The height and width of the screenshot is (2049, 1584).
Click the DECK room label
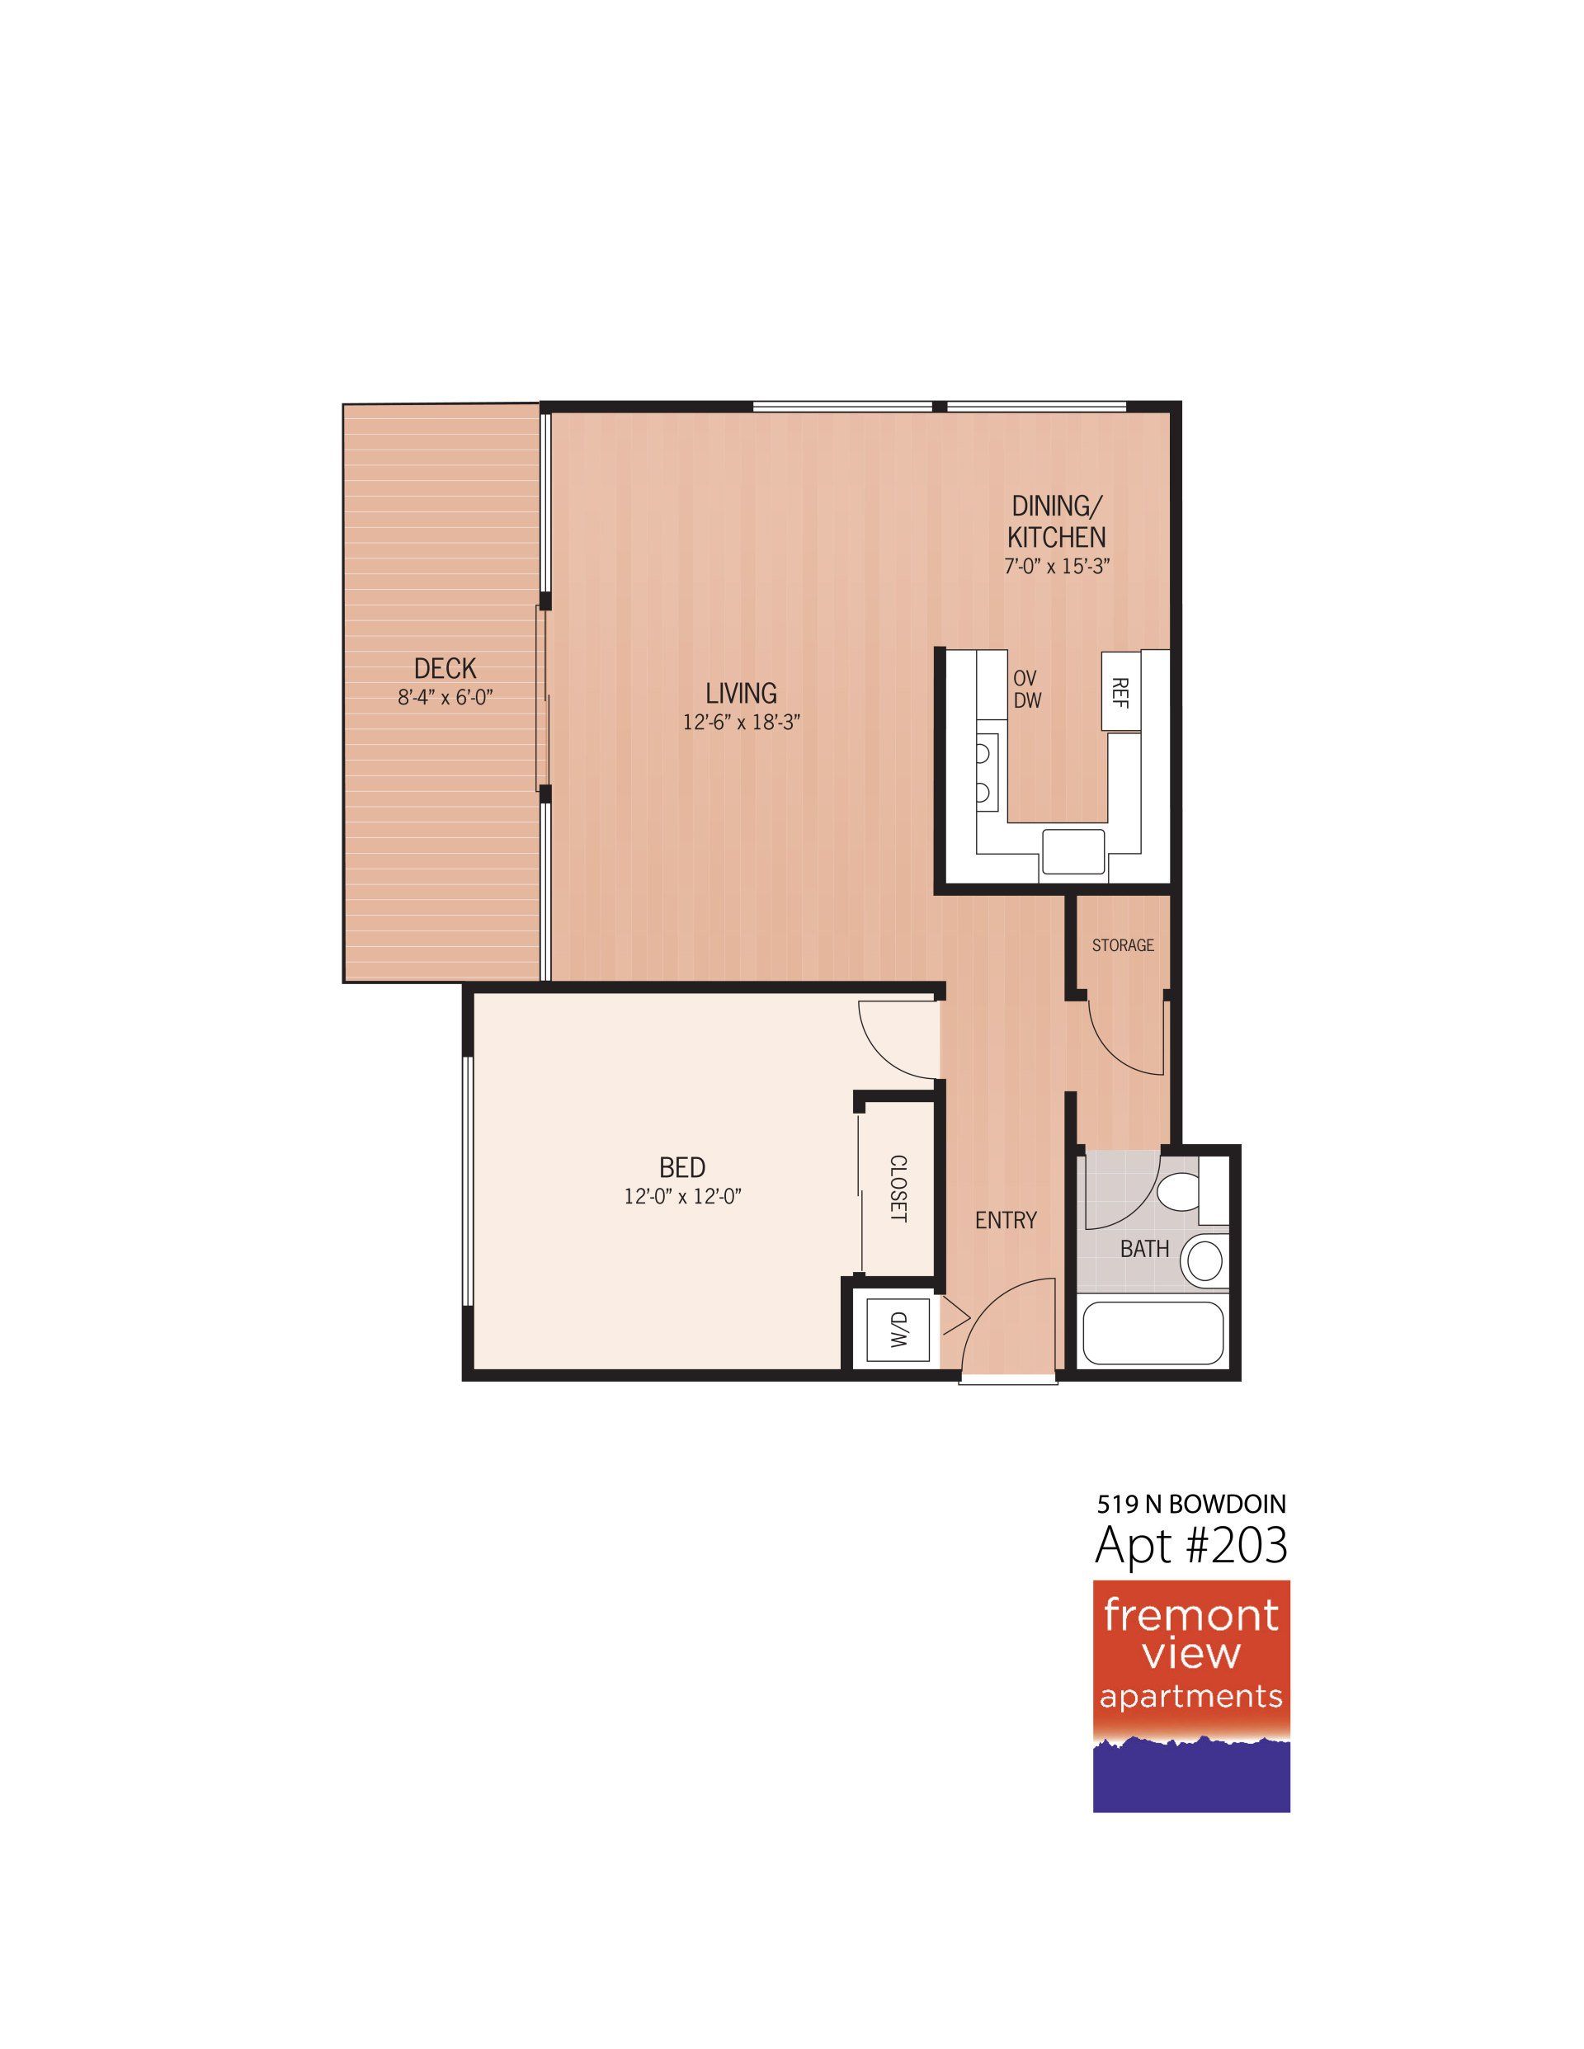pyautogui.click(x=445, y=668)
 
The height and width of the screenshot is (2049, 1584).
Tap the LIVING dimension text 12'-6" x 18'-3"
pyautogui.click(x=742, y=723)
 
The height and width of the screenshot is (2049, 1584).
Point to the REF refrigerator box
pyautogui.click(x=1121, y=692)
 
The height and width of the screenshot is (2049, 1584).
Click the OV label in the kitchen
pyautogui.click(x=1025, y=677)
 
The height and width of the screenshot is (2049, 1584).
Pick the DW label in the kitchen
pyautogui.click(x=1026, y=699)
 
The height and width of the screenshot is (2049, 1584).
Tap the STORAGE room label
pyautogui.click(x=1122, y=944)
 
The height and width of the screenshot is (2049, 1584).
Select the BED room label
pyautogui.click(x=682, y=1167)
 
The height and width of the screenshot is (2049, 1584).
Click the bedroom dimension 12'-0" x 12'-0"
pyautogui.click(x=689, y=1197)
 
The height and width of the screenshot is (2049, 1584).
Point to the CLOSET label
pyautogui.click(x=898, y=1189)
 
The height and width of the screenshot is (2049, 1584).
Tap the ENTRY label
pyautogui.click(x=1006, y=1220)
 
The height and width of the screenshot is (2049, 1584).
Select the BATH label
pyautogui.click(x=1144, y=1249)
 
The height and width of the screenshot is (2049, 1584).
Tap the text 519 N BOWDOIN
pyautogui.click(x=1190, y=1505)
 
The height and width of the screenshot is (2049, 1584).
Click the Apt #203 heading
pyautogui.click(x=1190, y=1546)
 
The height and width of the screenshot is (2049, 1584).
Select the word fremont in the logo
pyautogui.click(x=1190, y=1616)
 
